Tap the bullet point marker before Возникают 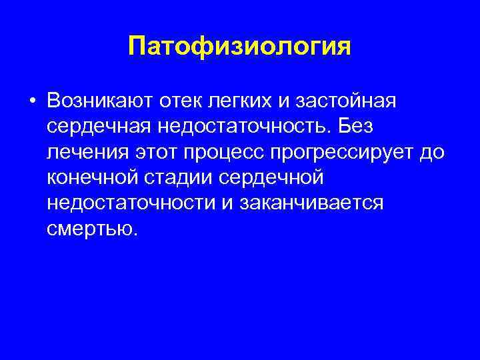coord(32,101)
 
